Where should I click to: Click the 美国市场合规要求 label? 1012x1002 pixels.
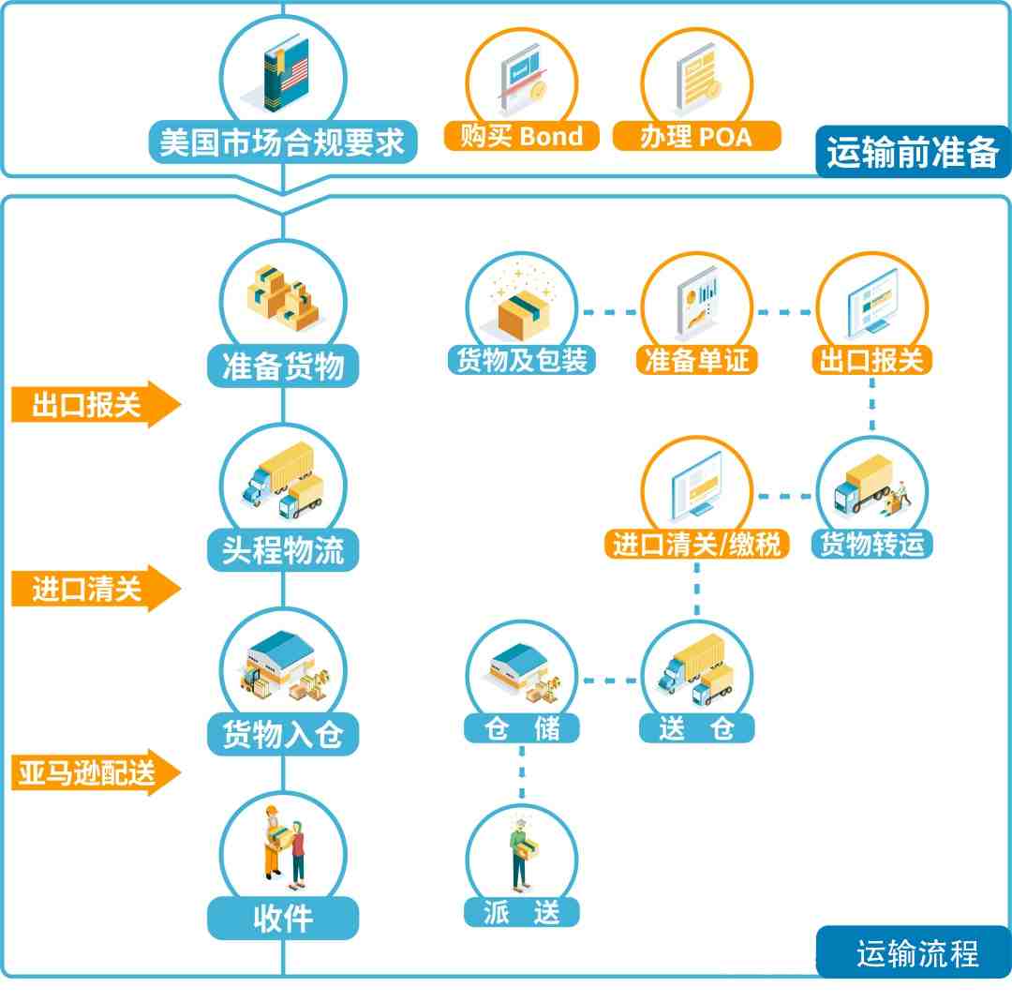(283, 142)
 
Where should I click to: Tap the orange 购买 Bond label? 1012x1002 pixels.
(522, 136)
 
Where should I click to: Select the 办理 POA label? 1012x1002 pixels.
(696, 136)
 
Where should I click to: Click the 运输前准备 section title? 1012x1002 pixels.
(913, 153)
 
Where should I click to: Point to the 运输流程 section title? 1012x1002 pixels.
(917, 952)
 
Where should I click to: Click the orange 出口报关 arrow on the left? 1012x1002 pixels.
(97, 405)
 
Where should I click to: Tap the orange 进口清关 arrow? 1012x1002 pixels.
(97, 588)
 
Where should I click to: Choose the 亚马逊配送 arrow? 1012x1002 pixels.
(97, 772)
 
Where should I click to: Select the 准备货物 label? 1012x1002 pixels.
(283, 366)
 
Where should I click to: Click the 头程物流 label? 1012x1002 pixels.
(283, 550)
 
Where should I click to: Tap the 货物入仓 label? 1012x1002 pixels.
(283, 734)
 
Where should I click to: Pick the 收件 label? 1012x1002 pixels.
(283, 918)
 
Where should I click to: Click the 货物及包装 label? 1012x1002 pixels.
(522, 360)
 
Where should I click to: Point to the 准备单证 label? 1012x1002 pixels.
(696, 360)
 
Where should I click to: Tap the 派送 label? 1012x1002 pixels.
(522, 912)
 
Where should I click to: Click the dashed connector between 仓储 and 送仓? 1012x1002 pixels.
(610, 680)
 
